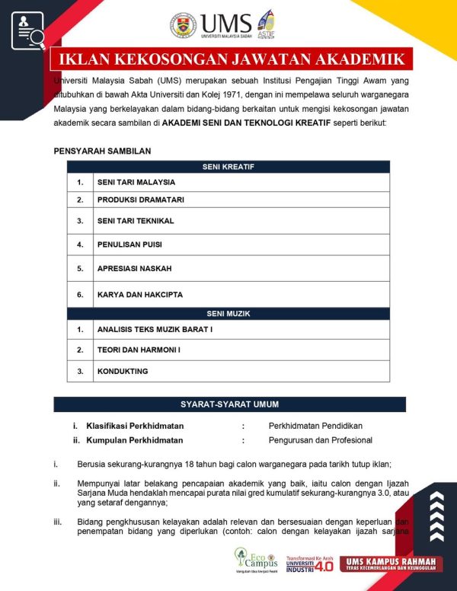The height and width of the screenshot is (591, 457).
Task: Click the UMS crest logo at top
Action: (183, 24)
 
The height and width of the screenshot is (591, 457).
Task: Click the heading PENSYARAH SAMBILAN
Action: (102, 151)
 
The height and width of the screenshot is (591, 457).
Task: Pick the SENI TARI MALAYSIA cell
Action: (136, 183)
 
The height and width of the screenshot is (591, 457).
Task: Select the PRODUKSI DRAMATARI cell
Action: (141, 200)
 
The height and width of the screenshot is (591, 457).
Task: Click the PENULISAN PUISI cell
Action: (129, 244)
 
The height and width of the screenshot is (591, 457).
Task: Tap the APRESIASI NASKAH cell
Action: (134, 269)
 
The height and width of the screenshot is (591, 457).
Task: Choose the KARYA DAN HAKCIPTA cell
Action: (140, 295)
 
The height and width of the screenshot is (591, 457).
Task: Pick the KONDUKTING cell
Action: (123, 372)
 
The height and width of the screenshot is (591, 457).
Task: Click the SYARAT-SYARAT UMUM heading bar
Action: (229, 404)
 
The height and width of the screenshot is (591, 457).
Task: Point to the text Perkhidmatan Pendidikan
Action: (315, 426)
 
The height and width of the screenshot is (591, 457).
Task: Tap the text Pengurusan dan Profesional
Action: (320, 440)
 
